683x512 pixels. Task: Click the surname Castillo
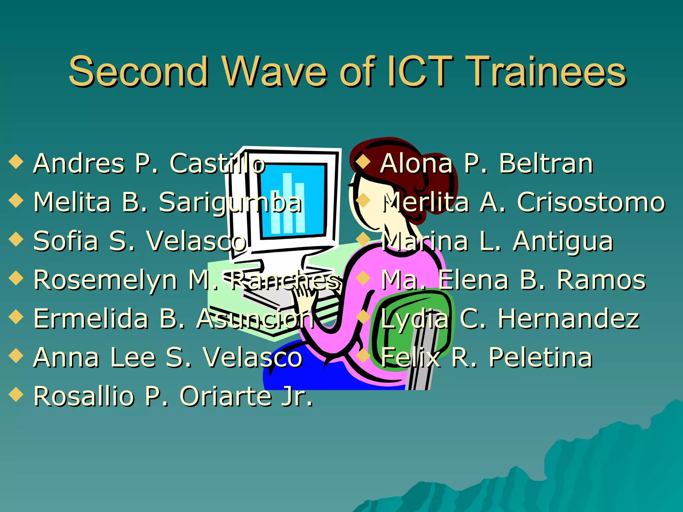point(217,164)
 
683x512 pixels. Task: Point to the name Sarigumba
point(230,203)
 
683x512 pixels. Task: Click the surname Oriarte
point(225,396)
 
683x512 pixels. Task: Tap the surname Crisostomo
point(591,202)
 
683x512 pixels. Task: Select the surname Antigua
point(563,241)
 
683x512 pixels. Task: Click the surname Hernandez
point(568,319)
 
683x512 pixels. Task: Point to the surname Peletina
point(540,357)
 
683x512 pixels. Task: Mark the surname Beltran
point(546,164)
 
